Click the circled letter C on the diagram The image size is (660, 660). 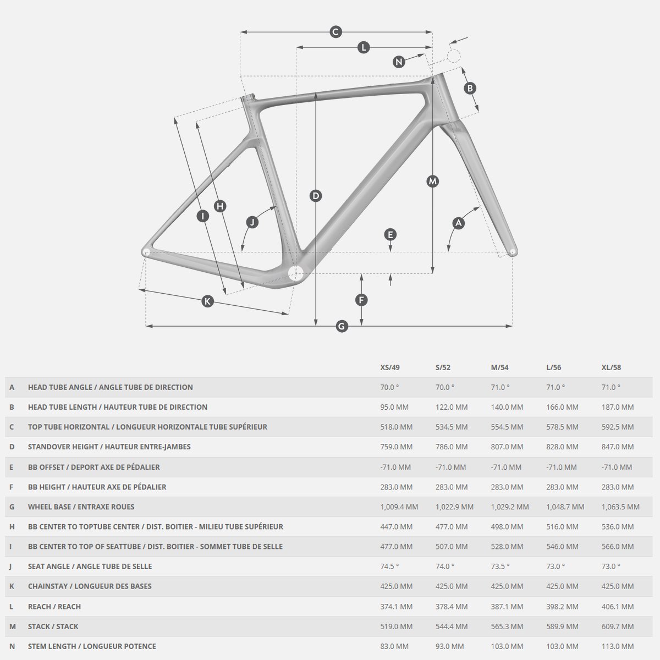(335, 32)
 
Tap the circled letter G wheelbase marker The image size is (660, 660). (342, 326)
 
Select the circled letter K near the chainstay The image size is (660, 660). (207, 301)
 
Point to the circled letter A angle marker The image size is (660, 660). (458, 223)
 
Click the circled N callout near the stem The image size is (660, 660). (399, 62)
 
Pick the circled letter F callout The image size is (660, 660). (361, 300)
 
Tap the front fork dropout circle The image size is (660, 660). (513, 252)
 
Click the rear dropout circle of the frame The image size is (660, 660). (146, 252)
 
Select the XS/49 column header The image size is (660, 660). (390, 367)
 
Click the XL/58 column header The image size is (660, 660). (611, 367)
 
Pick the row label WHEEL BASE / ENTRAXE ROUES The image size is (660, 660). (81, 507)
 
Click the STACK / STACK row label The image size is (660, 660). (53, 626)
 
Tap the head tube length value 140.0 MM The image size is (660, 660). (507, 407)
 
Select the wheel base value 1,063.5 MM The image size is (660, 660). (620, 507)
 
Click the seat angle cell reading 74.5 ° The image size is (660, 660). (389, 566)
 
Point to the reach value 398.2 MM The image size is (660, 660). (562, 607)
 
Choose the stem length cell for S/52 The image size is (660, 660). (451, 646)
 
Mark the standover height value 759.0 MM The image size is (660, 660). (396, 447)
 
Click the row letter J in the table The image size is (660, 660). (12, 566)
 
